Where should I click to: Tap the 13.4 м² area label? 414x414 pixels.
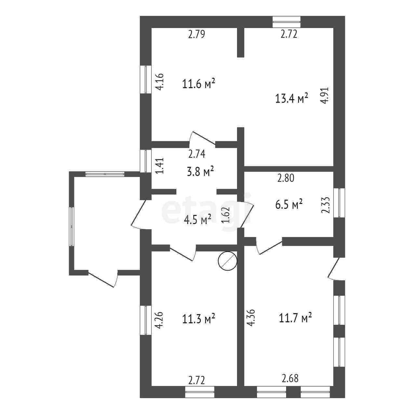(291, 98)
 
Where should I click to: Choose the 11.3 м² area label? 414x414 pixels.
(198, 319)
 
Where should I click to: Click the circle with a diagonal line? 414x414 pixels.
(227, 261)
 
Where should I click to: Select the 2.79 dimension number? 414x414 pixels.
(196, 34)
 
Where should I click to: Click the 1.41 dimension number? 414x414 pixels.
(159, 166)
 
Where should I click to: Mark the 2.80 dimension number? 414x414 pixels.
(286, 178)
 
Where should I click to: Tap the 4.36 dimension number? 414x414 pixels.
(250, 317)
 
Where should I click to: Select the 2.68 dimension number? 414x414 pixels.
(290, 379)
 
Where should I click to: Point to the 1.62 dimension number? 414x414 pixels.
(227, 215)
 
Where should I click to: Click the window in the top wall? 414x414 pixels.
(287, 22)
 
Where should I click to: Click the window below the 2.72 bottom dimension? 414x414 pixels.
(200, 392)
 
